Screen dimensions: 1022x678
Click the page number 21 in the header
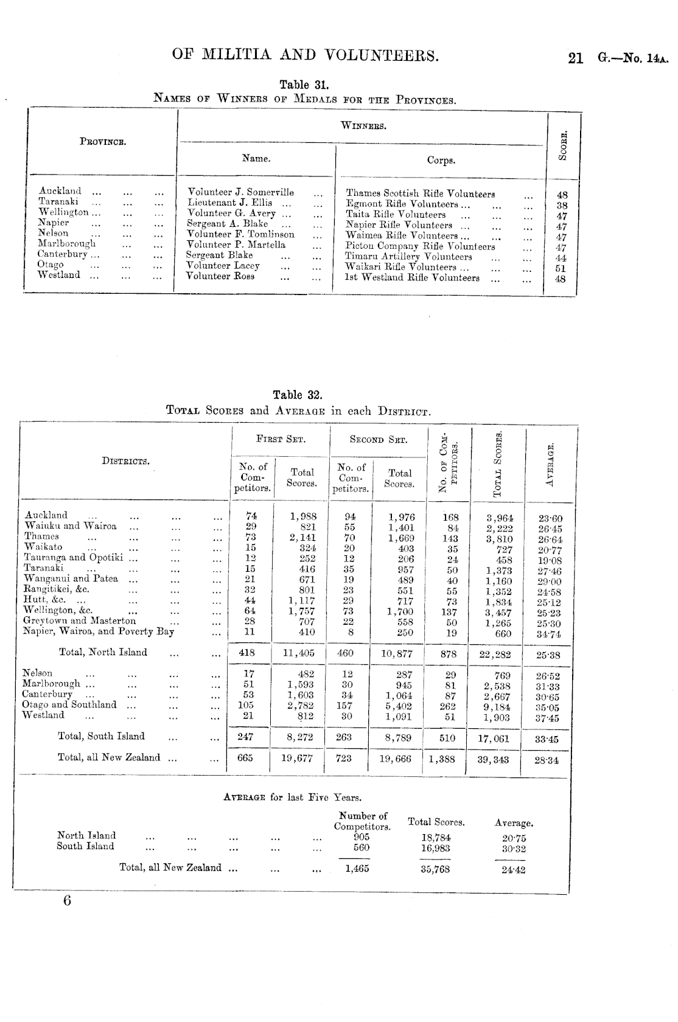pos(575,58)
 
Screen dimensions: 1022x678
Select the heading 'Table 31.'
pos(304,85)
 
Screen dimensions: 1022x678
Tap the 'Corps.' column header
pos(441,161)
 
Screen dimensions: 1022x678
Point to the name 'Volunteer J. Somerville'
pos(240,192)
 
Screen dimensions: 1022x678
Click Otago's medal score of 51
pos(561,268)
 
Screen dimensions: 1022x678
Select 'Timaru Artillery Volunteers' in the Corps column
pos(408,257)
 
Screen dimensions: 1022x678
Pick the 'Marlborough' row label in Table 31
pos(66,243)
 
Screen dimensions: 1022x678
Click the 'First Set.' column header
pos(281,439)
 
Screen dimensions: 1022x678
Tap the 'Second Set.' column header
pos(378,439)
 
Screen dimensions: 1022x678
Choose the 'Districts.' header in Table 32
pos(125,461)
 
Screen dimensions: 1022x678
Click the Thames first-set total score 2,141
pos(302,537)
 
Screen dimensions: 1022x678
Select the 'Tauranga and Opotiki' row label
pos(73,557)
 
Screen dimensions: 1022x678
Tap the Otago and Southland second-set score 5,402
pos(399,706)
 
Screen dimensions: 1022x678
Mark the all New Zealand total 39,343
pos(493,759)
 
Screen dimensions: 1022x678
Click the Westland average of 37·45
pos(547,718)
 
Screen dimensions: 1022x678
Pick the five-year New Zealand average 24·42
pos(512,870)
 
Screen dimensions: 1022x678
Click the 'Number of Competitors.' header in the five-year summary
pos(362,821)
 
